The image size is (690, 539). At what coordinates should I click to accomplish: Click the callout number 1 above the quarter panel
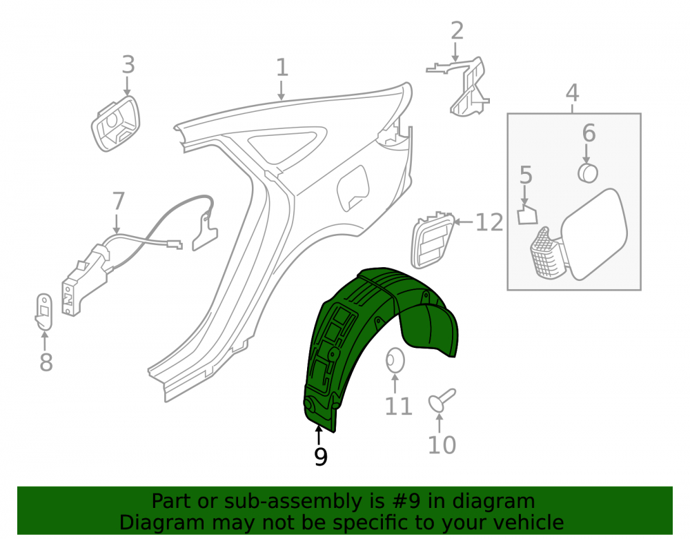282,68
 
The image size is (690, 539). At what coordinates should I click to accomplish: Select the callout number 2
457,31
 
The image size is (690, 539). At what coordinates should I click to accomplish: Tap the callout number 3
128,65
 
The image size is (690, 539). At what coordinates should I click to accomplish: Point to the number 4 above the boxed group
572,93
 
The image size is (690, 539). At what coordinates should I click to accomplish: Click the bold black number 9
321,457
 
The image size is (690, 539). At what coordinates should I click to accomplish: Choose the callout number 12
489,222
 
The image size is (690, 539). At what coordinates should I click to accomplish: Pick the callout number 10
442,445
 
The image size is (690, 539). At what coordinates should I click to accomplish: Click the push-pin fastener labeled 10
442,400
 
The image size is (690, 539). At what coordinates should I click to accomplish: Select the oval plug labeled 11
395,360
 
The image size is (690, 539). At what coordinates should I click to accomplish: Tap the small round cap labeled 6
588,173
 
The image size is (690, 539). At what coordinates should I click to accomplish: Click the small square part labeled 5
527,214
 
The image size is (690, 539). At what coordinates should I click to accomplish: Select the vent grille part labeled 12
431,239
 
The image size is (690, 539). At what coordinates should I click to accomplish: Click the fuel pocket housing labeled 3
115,124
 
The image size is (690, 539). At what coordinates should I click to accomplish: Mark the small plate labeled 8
43,312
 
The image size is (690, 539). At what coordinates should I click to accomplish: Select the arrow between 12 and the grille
463,222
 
